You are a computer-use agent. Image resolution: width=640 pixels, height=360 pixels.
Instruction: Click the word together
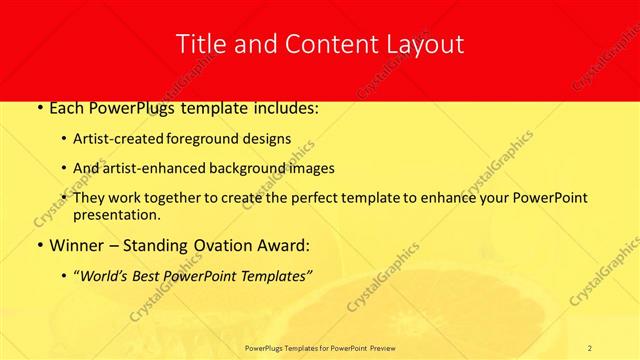179,198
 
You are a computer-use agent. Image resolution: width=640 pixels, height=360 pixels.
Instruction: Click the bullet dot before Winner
38,245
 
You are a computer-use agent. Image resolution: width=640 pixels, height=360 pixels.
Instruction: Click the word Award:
283,245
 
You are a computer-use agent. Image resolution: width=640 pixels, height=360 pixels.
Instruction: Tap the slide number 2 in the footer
591,348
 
